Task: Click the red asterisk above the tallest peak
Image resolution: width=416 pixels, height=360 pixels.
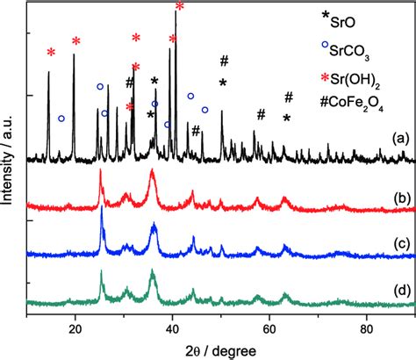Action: coord(180,7)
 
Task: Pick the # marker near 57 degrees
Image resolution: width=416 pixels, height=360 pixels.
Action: coord(261,114)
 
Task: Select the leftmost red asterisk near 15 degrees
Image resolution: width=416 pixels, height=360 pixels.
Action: coord(51,53)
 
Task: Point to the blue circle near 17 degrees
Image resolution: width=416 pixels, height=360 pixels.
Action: coord(61,118)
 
